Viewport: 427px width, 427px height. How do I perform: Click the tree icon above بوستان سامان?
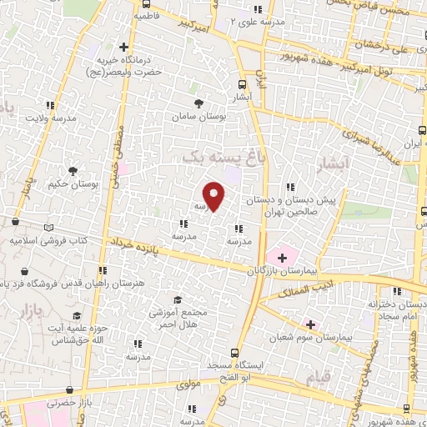tap(198, 103)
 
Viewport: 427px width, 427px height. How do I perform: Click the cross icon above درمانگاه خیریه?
tap(124, 47)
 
